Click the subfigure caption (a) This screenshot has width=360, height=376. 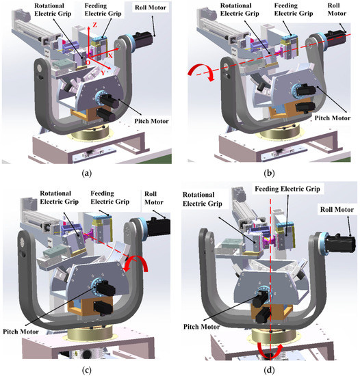click(x=86, y=174)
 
